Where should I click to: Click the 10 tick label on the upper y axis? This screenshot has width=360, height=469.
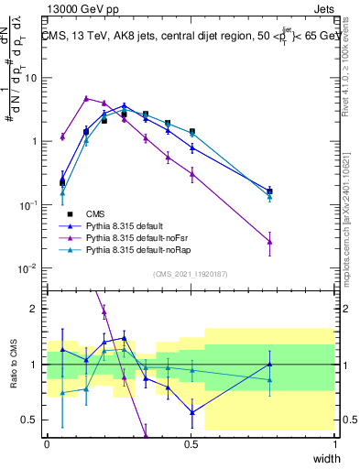(x=31, y=78)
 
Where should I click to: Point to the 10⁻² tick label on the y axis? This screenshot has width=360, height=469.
(x=29, y=268)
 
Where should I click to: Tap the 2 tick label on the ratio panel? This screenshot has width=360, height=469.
(x=36, y=309)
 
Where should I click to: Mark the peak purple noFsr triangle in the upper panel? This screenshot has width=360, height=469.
(x=86, y=98)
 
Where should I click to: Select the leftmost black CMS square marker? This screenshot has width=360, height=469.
(x=62, y=182)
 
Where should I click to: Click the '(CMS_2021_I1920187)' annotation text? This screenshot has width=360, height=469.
(x=191, y=274)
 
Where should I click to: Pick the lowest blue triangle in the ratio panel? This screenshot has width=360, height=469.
(x=191, y=412)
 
